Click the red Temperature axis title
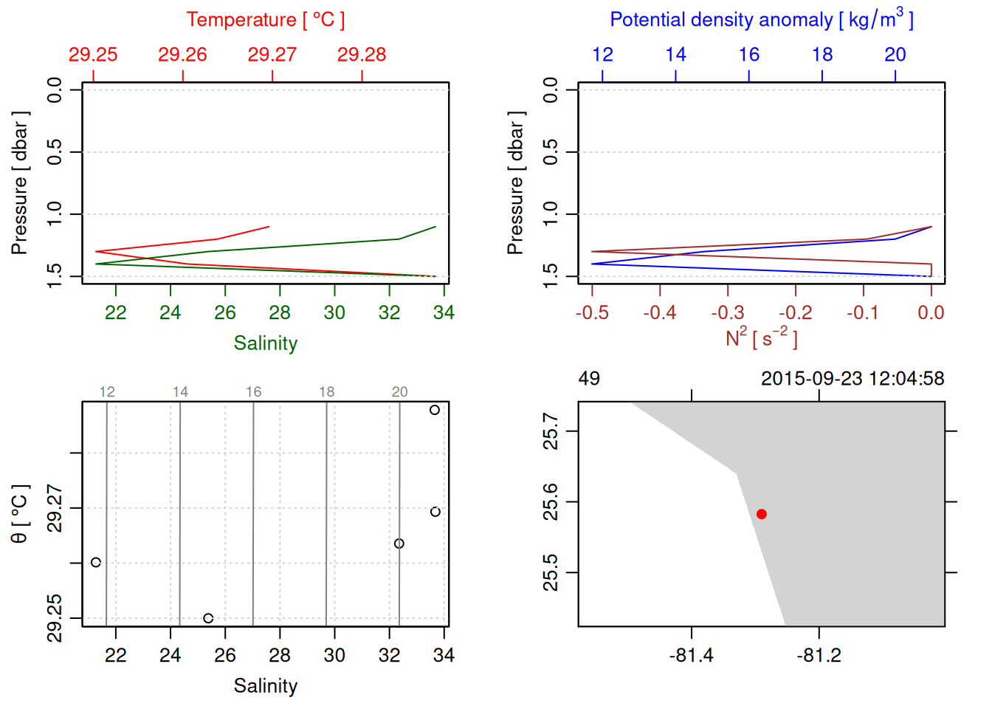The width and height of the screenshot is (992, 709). click(265, 20)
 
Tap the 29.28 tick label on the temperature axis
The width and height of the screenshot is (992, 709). click(362, 55)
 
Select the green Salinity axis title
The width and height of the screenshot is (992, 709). click(265, 343)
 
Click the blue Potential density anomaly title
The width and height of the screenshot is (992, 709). click(761, 20)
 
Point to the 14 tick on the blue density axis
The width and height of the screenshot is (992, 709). click(675, 55)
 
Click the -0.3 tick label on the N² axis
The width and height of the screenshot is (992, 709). click(728, 313)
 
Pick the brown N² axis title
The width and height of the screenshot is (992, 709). click(761, 338)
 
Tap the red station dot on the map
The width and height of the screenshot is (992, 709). click(762, 514)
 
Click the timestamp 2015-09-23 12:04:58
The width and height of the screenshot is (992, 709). click(852, 379)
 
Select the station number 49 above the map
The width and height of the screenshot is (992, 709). click(589, 379)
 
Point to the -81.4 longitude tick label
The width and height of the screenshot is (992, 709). click(692, 656)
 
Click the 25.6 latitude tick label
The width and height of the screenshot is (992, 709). click(551, 502)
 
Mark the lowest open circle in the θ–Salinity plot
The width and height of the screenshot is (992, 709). click(208, 618)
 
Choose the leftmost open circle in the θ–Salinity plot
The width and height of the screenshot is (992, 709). click(96, 562)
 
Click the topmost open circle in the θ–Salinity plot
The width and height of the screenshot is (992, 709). click(435, 410)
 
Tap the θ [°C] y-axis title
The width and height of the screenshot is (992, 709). click(20, 514)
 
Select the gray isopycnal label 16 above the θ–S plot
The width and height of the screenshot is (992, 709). click(253, 392)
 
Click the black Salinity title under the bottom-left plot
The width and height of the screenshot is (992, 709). click(265, 686)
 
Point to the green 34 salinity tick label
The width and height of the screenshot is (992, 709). click(444, 313)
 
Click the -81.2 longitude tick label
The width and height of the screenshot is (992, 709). click(819, 656)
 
